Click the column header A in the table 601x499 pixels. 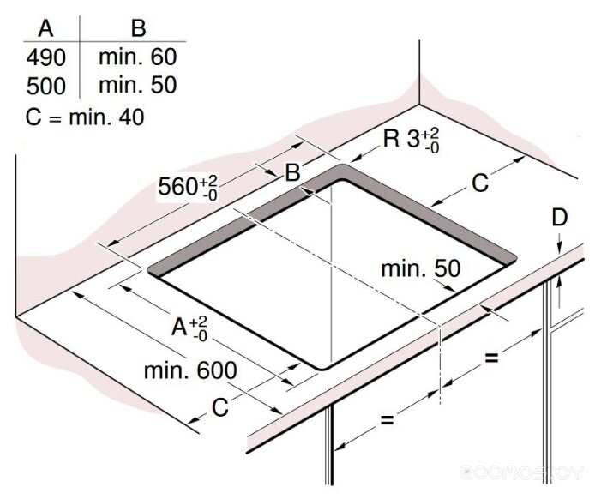tap(46, 28)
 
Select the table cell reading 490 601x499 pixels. tap(46, 58)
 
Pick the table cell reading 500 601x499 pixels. tap(46, 86)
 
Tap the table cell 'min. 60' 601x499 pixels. tap(137, 58)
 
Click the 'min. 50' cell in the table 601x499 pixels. tap(137, 86)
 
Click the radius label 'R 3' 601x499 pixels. tap(410, 138)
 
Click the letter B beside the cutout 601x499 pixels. tap(292, 172)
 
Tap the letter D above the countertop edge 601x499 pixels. tap(559, 219)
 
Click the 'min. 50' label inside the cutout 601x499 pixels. tap(421, 268)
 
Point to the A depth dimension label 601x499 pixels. tap(189, 328)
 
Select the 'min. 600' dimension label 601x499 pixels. tap(189, 370)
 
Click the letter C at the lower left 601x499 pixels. tap(220, 408)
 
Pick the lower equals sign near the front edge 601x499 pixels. tap(387, 420)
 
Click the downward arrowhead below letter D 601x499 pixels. tap(558, 248)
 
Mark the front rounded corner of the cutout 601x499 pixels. tap(322, 366)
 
